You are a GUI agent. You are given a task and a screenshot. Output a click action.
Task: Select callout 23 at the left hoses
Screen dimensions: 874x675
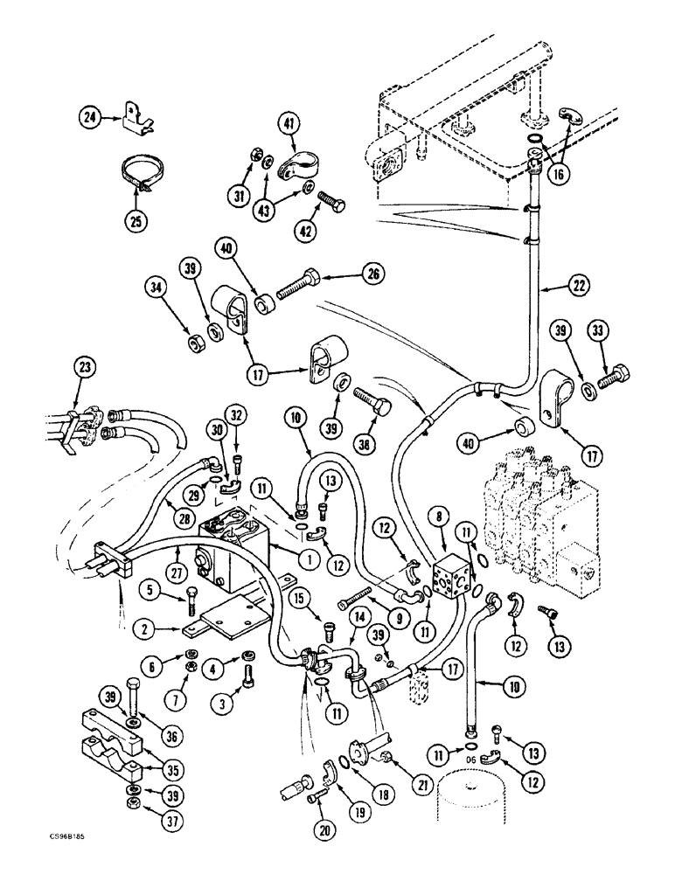point(85,368)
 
